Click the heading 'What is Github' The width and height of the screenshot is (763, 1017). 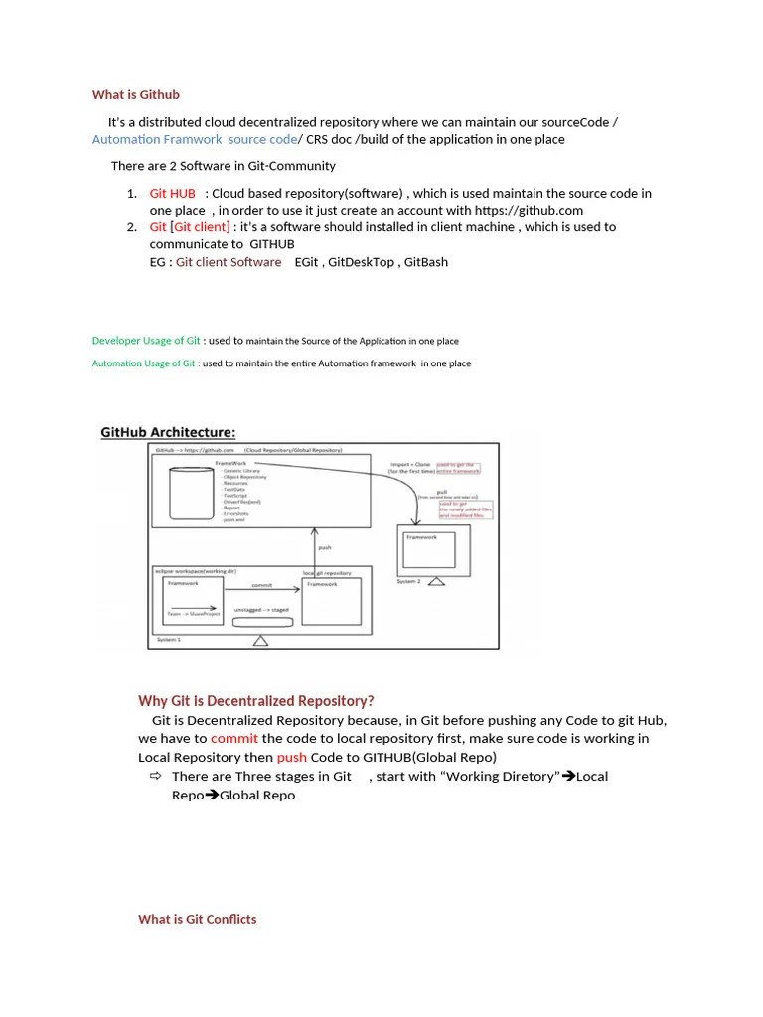[136, 95]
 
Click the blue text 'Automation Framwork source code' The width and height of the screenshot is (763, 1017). [194, 140]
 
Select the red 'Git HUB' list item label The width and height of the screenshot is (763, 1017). [173, 194]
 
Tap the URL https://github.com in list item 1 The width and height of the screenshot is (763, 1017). [529, 211]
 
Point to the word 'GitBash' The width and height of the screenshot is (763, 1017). [423, 262]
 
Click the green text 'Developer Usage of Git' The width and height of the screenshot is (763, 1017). [146, 341]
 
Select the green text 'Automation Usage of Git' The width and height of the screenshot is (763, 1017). [144, 363]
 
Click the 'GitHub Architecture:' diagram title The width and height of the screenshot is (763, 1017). [168, 432]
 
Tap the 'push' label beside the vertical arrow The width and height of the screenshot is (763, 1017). [324, 546]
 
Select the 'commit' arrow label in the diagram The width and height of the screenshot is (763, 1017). [261, 585]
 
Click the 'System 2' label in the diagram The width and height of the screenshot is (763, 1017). [409, 582]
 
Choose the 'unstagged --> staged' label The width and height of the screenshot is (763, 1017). [261, 609]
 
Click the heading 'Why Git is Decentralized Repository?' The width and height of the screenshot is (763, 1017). [256, 701]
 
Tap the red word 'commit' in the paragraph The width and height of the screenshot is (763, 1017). [234, 739]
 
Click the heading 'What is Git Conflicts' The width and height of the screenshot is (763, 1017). [197, 920]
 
